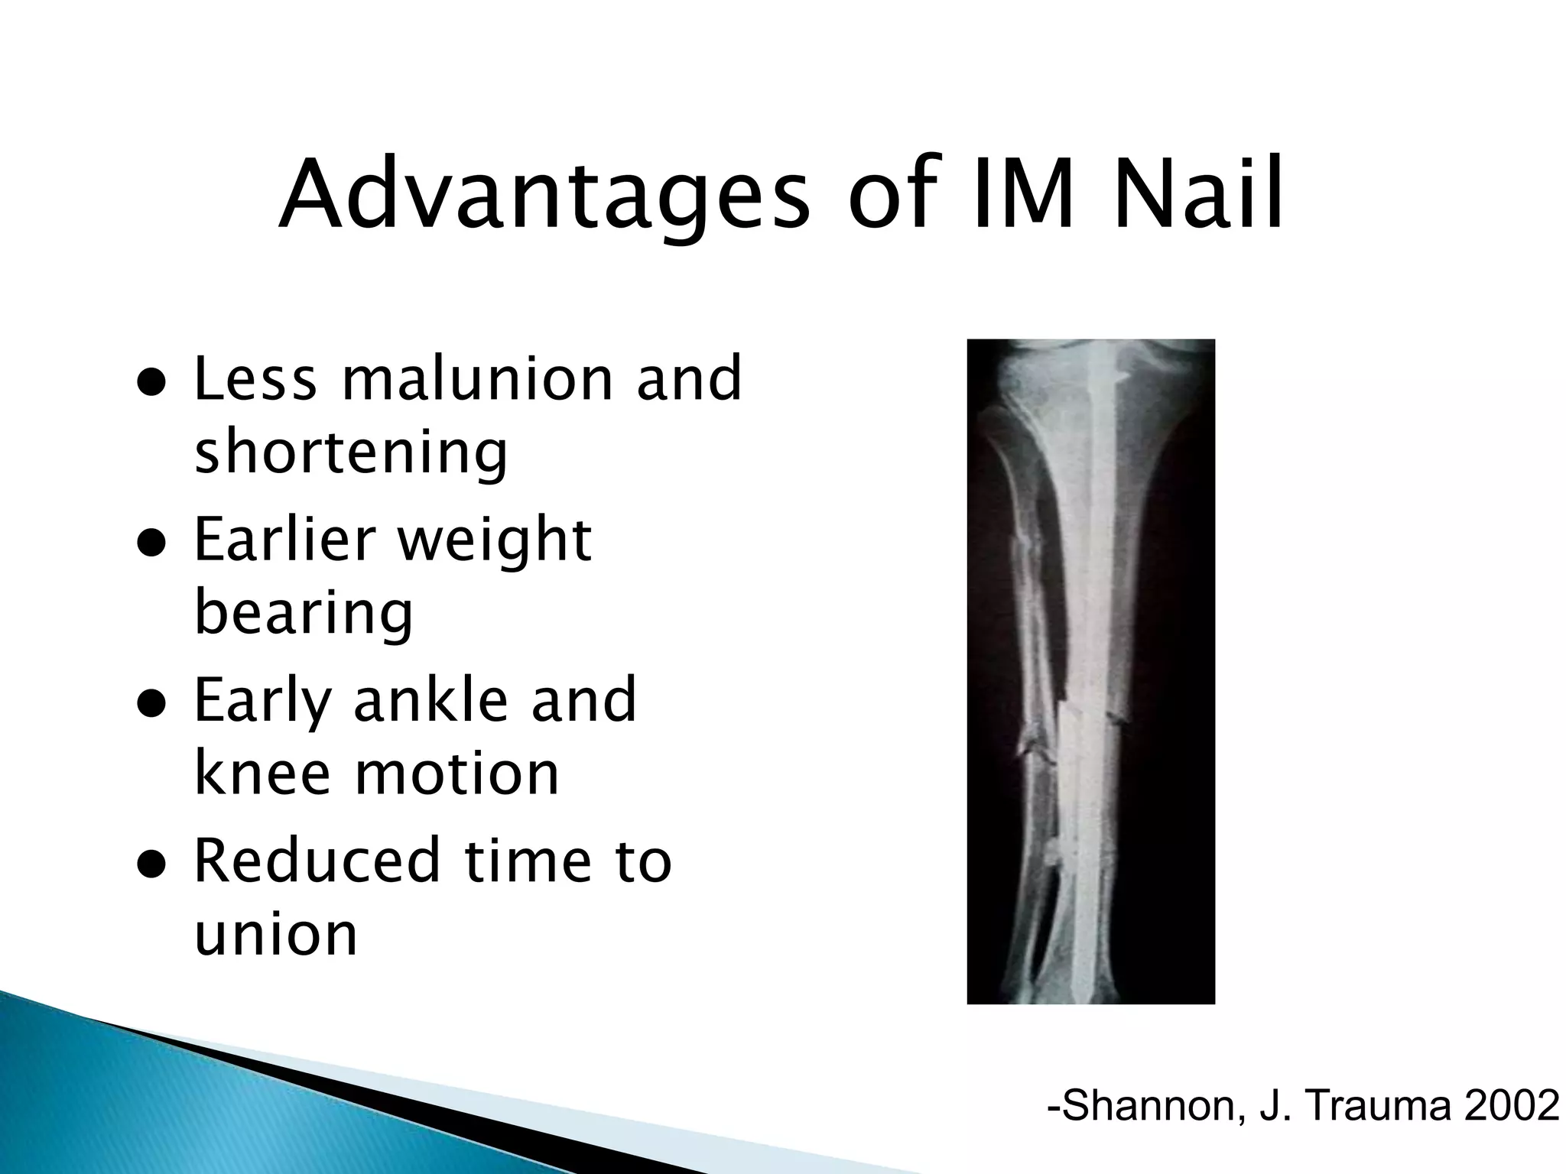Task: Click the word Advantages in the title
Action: coord(544,195)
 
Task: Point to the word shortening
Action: coord(351,453)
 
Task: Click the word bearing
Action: coord(304,613)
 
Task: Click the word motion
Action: coord(456,773)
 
